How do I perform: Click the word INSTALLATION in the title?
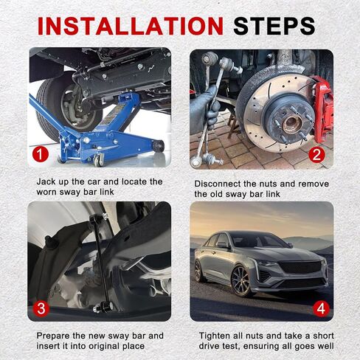pos(131,26)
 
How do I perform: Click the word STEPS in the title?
pos(274,26)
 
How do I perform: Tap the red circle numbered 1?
pos(41,154)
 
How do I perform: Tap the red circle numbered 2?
pos(316,155)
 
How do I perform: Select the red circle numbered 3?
pos(41,308)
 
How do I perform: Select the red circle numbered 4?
pos(321,308)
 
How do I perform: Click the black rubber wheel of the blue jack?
pos(159,145)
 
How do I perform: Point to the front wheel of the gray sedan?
pos(240,280)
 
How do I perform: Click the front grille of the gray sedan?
pos(300,267)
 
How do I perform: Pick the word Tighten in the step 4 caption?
pos(214,336)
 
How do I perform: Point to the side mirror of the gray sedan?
pos(223,244)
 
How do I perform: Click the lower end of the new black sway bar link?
pos(103,307)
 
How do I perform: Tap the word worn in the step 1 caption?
pos(46,192)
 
